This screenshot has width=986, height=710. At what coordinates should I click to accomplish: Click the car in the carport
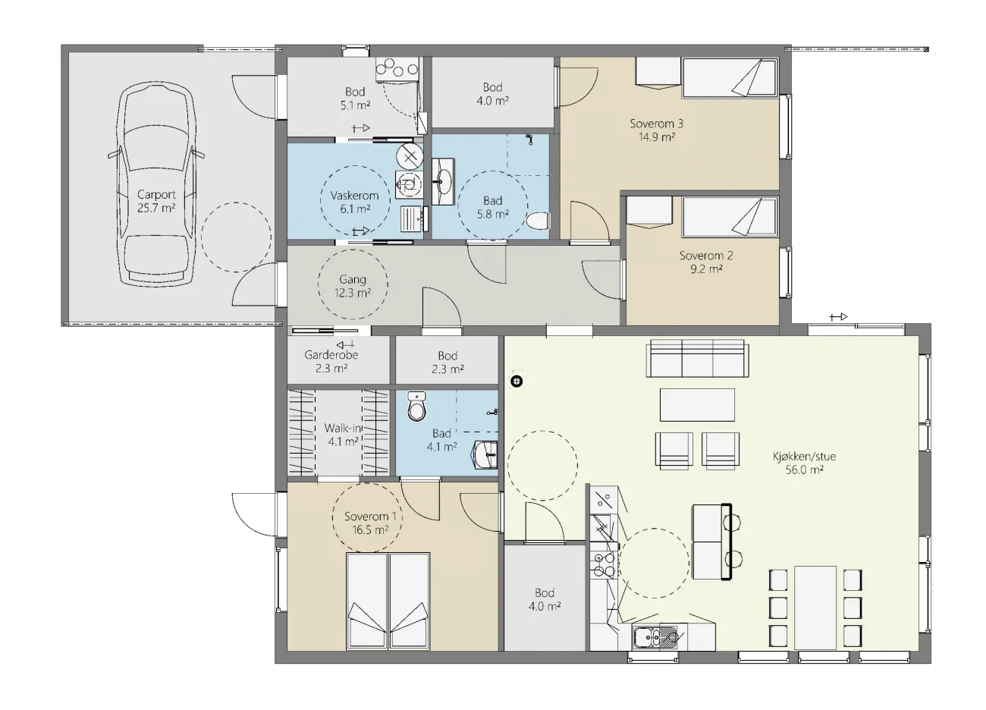(155, 184)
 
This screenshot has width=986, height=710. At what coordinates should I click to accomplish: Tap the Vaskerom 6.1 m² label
(355, 202)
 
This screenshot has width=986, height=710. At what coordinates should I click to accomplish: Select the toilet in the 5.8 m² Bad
(539, 221)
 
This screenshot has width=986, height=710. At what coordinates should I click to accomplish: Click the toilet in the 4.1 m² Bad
(417, 406)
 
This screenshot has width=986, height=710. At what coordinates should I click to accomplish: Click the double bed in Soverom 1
(388, 602)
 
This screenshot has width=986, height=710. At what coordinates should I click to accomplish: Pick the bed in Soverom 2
(730, 217)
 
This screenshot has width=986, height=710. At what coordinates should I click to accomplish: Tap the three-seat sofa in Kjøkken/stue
(697, 358)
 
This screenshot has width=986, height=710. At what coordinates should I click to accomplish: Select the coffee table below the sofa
(697, 404)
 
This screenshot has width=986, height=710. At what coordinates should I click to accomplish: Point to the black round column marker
(517, 382)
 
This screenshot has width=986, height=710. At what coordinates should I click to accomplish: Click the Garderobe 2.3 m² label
(331, 361)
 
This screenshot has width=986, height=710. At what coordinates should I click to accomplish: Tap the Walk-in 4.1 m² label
(343, 435)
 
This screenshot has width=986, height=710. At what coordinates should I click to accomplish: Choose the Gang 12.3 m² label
(353, 286)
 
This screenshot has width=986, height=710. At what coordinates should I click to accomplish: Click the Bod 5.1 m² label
(355, 98)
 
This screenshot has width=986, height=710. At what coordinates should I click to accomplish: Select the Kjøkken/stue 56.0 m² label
(804, 463)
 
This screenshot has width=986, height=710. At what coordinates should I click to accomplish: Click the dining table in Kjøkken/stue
(815, 608)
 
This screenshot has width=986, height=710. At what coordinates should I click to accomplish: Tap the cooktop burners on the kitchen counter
(603, 565)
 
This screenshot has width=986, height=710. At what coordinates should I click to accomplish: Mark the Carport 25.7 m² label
(156, 201)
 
